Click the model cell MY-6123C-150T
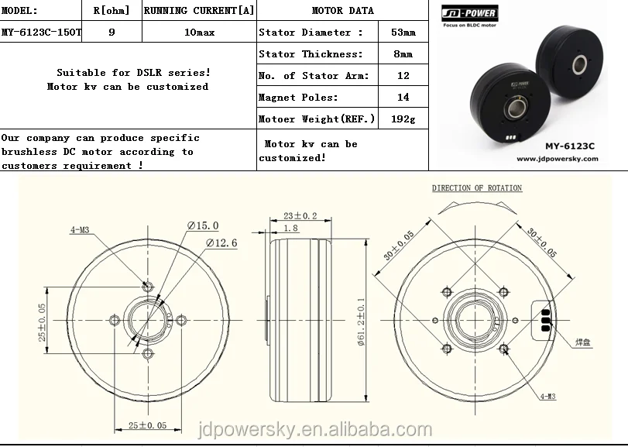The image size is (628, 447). click(x=40, y=32)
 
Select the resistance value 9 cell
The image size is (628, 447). click(x=112, y=32)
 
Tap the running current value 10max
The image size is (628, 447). click(x=200, y=33)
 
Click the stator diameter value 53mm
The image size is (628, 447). click(x=403, y=33)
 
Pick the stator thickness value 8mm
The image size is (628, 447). click(x=403, y=54)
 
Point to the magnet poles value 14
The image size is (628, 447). click(x=403, y=98)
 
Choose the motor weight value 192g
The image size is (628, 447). click(x=403, y=119)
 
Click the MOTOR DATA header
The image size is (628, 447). click(x=343, y=10)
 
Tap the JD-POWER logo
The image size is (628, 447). click(x=470, y=13)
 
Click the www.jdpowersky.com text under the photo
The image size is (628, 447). click(x=557, y=159)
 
